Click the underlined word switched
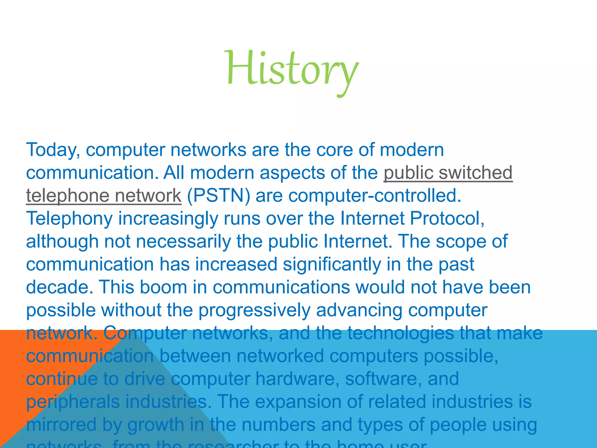pos(475,173)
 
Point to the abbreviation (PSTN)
pos(218,196)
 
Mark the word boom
pos(163,287)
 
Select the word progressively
pos(254,310)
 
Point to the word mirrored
pos(61,425)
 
